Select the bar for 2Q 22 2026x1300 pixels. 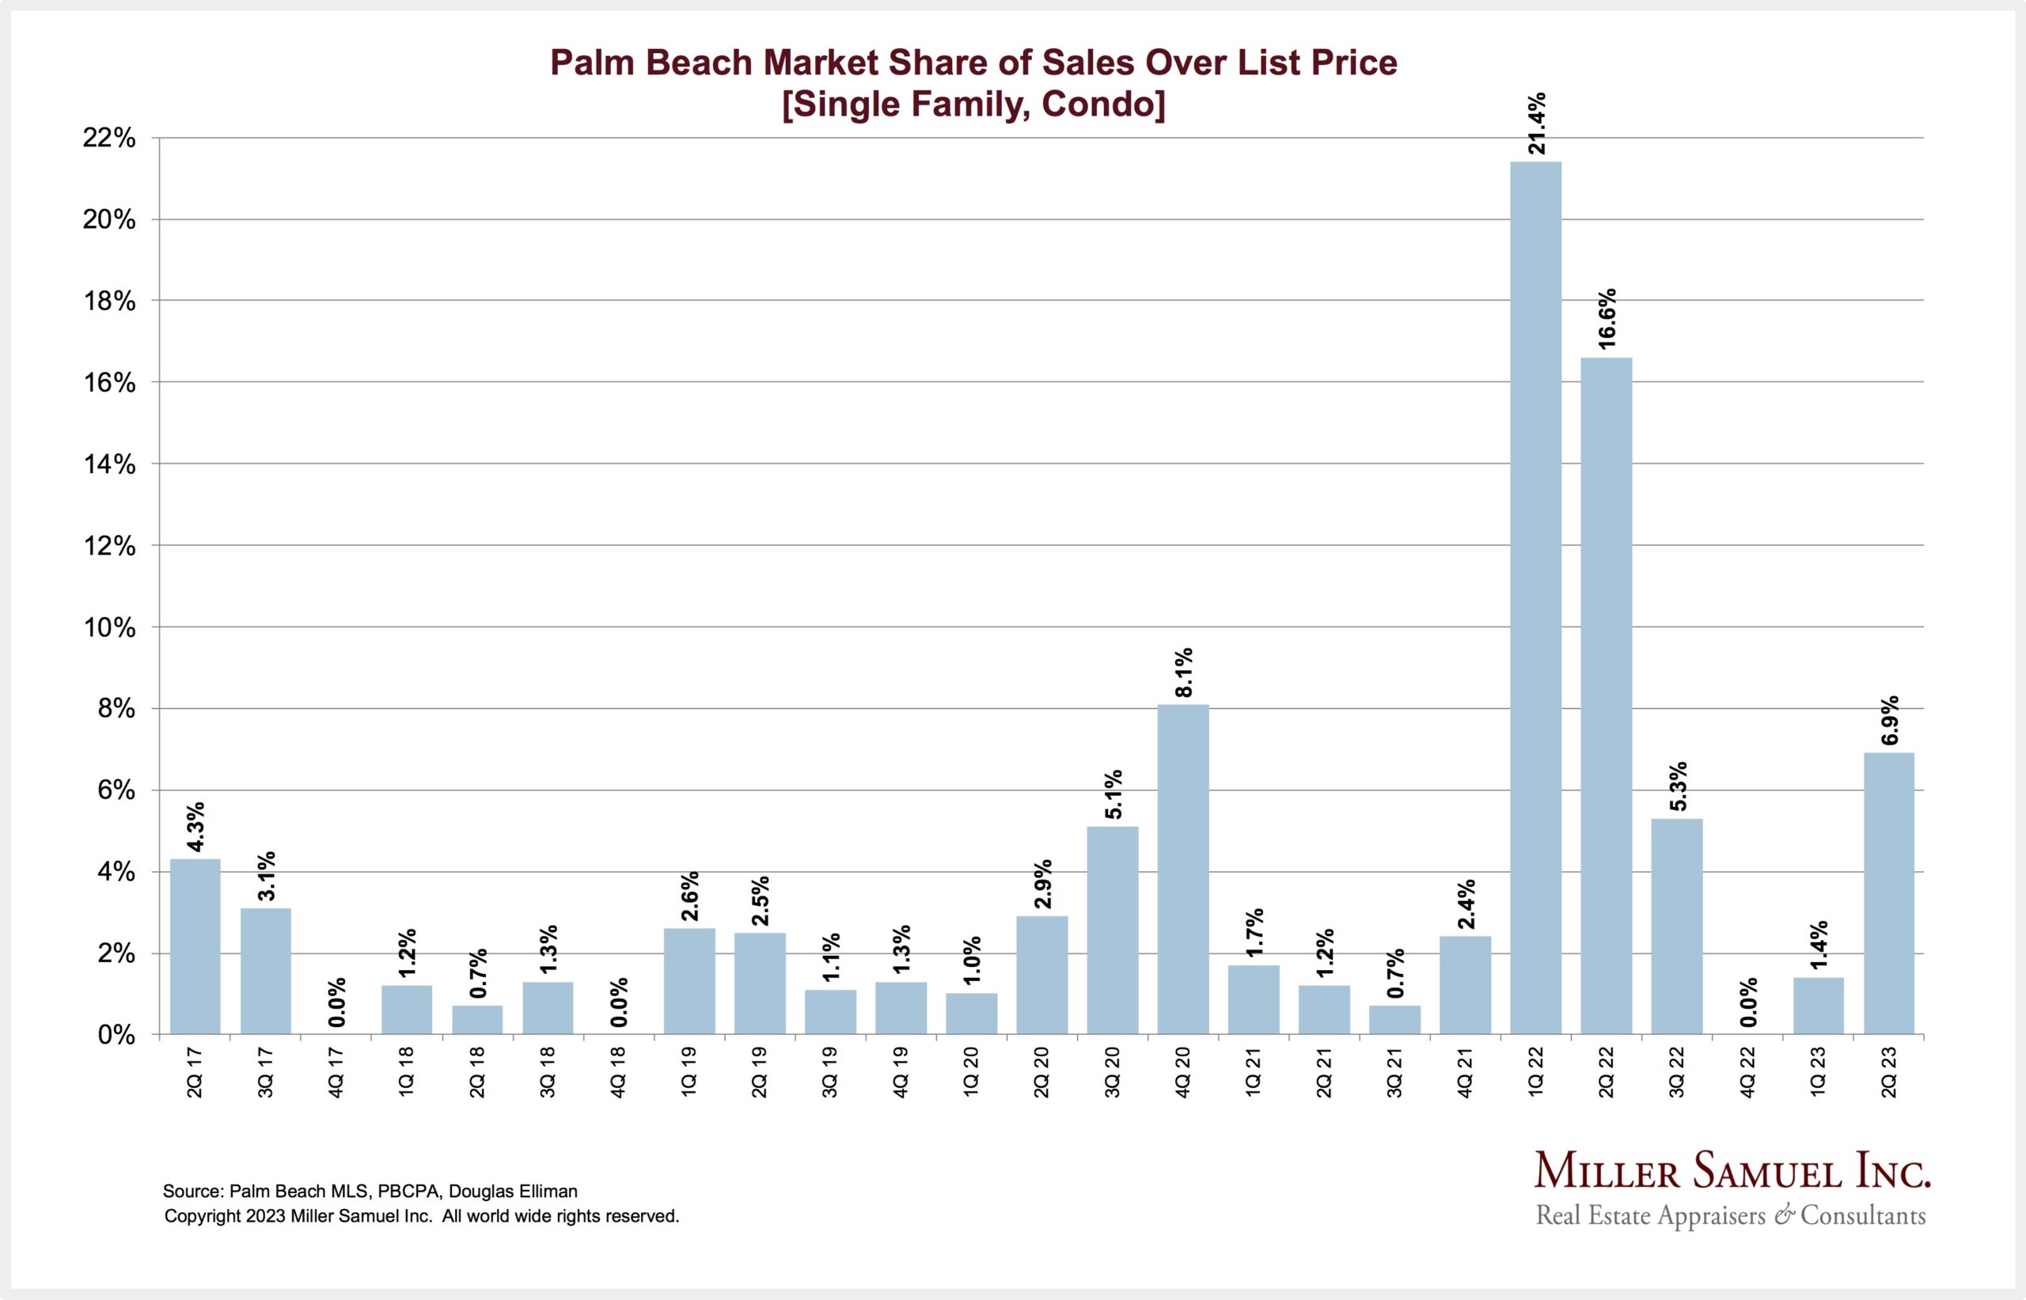click(x=1606, y=695)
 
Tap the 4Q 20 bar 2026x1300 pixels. click(x=1182, y=870)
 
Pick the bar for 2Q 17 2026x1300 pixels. click(x=195, y=946)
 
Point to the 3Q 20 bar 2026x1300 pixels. click(x=1112, y=930)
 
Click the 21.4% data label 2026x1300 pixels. click(x=1536, y=123)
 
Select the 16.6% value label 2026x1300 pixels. click(x=1607, y=318)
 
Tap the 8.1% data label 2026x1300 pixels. click(x=1183, y=672)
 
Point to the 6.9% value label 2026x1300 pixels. click(x=1889, y=720)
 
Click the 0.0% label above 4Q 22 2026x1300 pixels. click(x=1748, y=1002)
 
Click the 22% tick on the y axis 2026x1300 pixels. click(x=109, y=138)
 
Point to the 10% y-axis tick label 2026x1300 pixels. click(x=109, y=627)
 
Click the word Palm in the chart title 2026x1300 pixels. click(x=591, y=63)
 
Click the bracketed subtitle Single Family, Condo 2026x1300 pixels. click(x=973, y=104)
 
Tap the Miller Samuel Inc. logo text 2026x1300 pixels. click(x=1732, y=1172)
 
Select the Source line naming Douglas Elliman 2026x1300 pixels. click(x=370, y=1191)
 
